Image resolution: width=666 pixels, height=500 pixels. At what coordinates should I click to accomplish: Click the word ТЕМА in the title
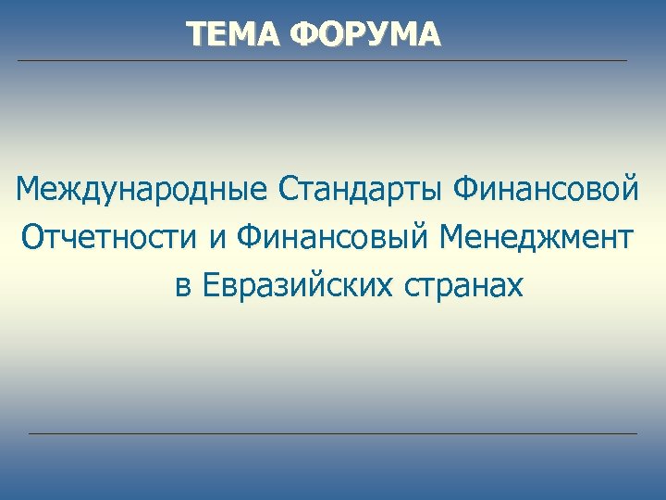[232, 34]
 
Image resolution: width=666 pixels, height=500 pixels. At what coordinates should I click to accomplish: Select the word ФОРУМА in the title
[365, 34]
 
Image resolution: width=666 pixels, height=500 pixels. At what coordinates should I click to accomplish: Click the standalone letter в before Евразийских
[182, 288]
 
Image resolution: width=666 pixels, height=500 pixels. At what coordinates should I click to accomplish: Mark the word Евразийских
[297, 286]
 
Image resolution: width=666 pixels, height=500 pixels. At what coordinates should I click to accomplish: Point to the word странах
[462, 288]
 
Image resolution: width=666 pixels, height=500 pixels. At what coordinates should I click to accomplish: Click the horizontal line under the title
[322, 61]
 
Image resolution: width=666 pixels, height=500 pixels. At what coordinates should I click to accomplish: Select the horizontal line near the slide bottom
[333, 433]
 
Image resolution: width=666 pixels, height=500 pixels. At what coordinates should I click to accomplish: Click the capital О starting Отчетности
[34, 238]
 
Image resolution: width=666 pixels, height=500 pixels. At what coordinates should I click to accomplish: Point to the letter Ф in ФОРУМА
[302, 34]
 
